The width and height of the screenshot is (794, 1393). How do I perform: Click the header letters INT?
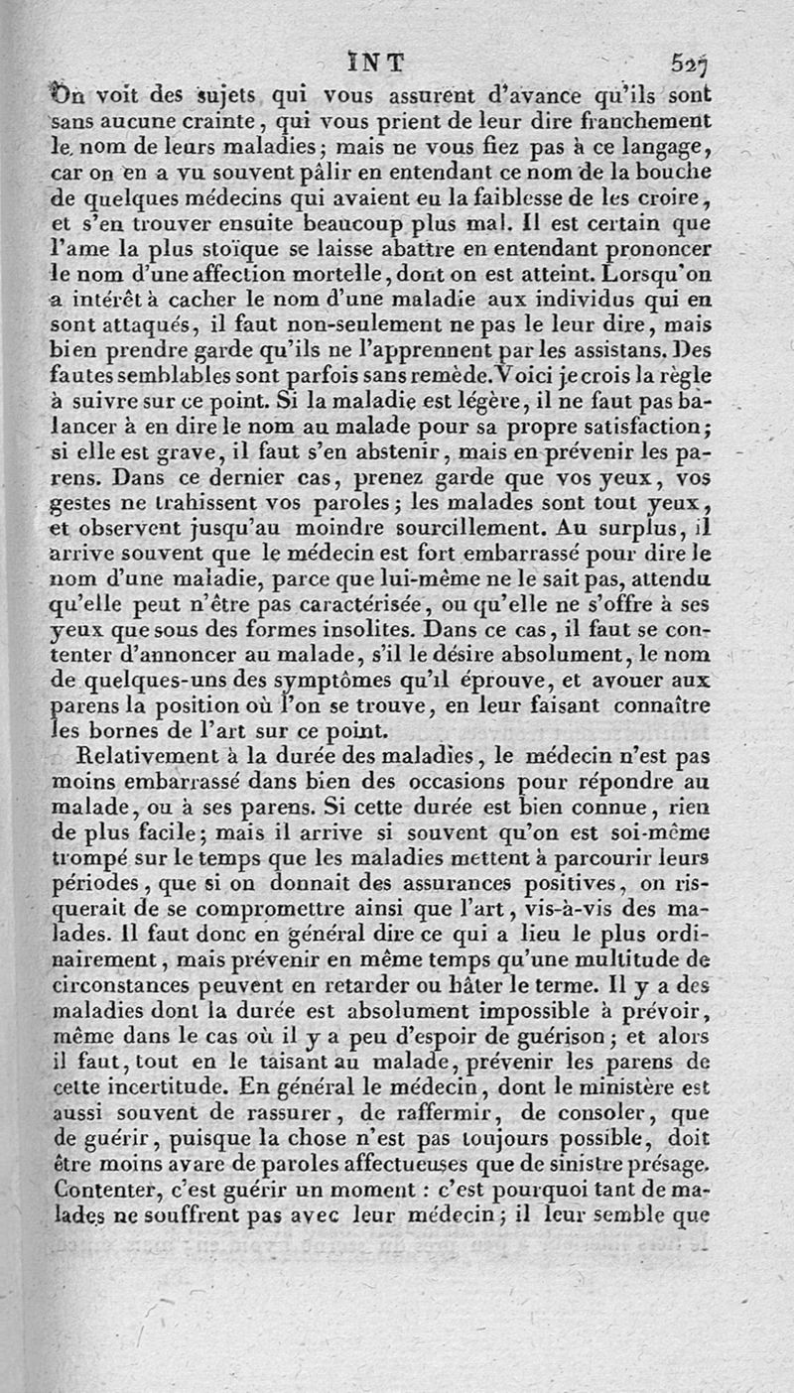[x=381, y=62]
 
